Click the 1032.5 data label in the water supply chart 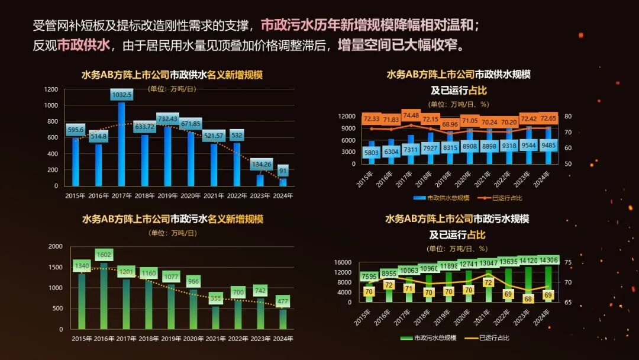point(122,95)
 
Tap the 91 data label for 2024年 point(283,171)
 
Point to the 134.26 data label point(260,164)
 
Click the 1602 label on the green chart point(104,255)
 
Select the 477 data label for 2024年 point(283,301)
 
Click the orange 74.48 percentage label point(411,115)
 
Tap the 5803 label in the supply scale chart point(372,152)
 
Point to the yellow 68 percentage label point(528,299)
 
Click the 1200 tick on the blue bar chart point(51,89)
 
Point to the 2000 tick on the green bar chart point(55,246)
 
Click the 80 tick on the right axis point(569,116)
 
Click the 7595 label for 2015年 point(369,277)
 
